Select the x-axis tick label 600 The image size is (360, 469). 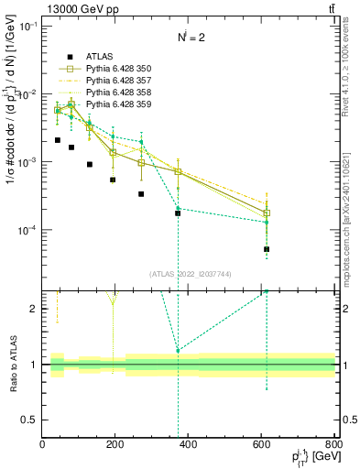pyautogui.click(x=262, y=444)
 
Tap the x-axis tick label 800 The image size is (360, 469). pyautogui.click(x=333, y=444)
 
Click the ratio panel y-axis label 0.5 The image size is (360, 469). pyautogui.click(x=29, y=420)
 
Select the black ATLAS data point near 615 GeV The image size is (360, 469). pyautogui.click(x=267, y=249)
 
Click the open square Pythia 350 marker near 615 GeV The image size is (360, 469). pyautogui.click(x=267, y=213)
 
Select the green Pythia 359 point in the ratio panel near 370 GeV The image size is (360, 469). pyautogui.click(x=178, y=351)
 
